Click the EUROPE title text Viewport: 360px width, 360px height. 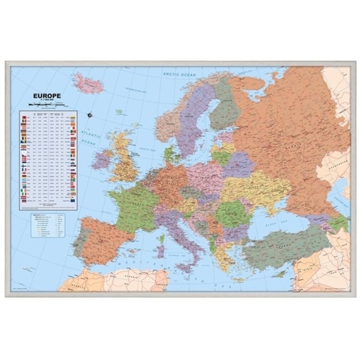click(x=47, y=96)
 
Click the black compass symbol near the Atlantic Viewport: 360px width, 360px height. click(x=89, y=115)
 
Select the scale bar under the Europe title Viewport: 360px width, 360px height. click(x=46, y=104)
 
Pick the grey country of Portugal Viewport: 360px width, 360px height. click(x=79, y=239)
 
